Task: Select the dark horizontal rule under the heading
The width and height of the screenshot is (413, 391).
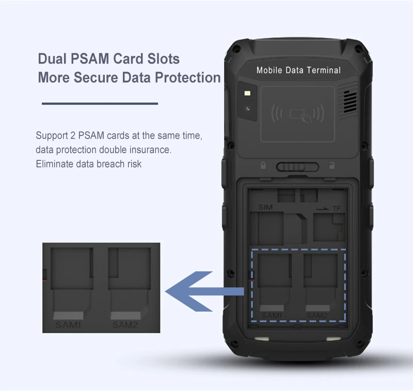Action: [x=99, y=103]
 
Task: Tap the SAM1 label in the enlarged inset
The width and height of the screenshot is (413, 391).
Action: [x=68, y=326]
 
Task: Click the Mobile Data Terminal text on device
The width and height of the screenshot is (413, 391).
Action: [x=298, y=70]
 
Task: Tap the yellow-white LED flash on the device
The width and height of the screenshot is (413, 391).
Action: [x=248, y=94]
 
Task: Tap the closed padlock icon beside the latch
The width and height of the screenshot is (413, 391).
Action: [x=263, y=167]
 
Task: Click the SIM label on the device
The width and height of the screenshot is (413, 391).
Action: [x=265, y=207]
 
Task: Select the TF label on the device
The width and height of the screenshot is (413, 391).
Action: [x=337, y=208]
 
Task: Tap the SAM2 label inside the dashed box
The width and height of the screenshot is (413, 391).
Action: [x=317, y=314]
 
